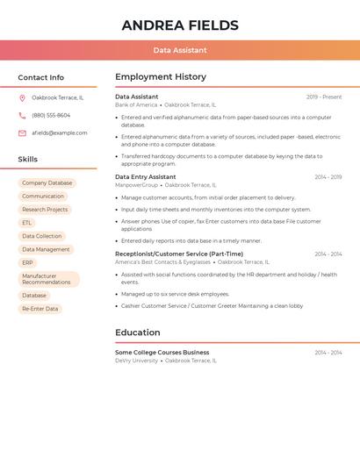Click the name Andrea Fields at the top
pyautogui.click(x=180, y=25)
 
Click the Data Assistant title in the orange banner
pyautogui.click(x=180, y=50)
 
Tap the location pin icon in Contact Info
pyautogui.click(x=22, y=97)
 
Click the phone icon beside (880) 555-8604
pyautogui.click(x=22, y=115)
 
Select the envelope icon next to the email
pyautogui.click(x=22, y=133)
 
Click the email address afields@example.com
pyautogui.click(x=60, y=133)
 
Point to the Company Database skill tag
pyautogui.click(x=47, y=183)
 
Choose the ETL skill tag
pyautogui.click(x=27, y=223)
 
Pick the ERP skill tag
pyautogui.click(x=28, y=262)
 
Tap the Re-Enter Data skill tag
pyautogui.click(x=40, y=309)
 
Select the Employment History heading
pyautogui.click(x=161, y=77)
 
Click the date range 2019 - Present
pyautogui.click(x=324, y=97)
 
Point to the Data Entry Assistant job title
pyautogui.click(x=146, y=176)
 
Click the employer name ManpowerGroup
pyautogui.click(x=136, y=185)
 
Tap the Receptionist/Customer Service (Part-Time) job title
pyautogui.click(x=179, y=254)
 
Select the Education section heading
pyautogui.click(x=138, y=333)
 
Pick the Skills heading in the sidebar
pyautogui.click(x=28, y=159)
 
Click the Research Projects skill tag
pyautogui.click(x=45, y=210)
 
